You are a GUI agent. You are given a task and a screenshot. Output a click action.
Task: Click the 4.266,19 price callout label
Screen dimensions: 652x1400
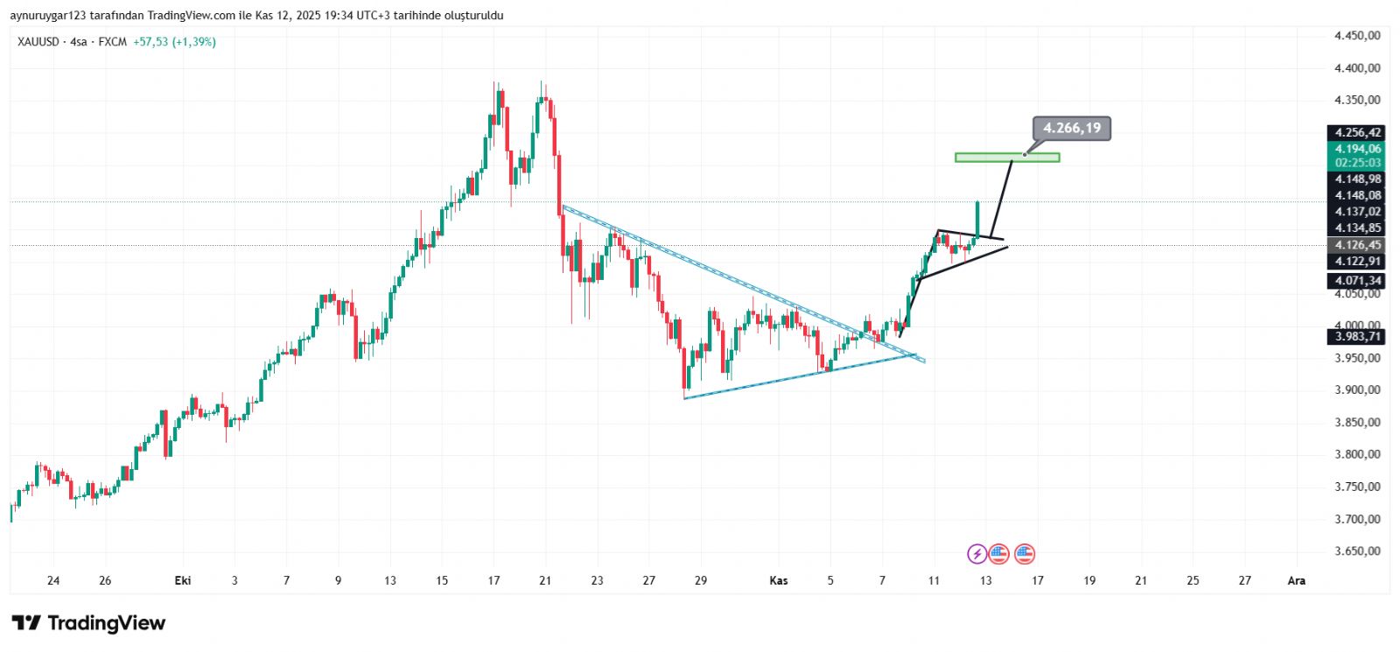click(x=1071, y=129)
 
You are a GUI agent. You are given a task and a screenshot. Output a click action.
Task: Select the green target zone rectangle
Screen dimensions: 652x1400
click(x=1007, y=158)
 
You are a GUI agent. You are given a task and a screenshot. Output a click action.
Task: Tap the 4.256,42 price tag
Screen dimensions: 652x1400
click(x=1357, y=133)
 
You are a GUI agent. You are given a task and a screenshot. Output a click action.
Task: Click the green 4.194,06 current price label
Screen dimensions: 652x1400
click(x=1357, y=150)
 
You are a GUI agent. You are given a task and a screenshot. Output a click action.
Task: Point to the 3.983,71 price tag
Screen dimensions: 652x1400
click(x=1357, y=337)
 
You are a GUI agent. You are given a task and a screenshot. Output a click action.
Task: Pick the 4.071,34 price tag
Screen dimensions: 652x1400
click(x=1357, y=281)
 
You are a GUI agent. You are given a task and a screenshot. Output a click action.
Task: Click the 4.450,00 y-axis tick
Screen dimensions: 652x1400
click(x=1357, y=36)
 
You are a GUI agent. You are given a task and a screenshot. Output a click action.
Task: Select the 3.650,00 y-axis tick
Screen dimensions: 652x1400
click(x=1357, y=551)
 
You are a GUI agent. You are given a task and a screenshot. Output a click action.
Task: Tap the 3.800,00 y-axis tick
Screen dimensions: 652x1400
click(x=1357, y=454)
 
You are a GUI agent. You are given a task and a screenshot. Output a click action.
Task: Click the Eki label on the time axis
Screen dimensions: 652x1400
click(x=183, y=580)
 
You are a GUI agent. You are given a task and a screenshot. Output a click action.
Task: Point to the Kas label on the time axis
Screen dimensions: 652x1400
click(x=778, y=580)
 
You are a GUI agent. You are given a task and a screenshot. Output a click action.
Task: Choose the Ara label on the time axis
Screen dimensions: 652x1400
click(x=1296, y=580)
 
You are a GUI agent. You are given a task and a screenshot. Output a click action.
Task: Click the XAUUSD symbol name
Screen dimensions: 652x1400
click(x=38, y=42)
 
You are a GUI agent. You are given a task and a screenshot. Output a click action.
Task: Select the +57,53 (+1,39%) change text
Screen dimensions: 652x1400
click(x=174, y=42)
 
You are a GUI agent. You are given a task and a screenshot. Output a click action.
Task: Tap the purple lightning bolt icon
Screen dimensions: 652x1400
click(x=976, y=554)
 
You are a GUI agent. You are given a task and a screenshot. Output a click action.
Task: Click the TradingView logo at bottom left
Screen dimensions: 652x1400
click(x=88, y=623)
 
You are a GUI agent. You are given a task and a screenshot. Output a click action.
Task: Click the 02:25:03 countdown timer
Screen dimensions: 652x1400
click(x=1357, y=164)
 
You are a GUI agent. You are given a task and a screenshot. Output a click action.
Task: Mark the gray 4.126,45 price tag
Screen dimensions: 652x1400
click(x=1357, y=245)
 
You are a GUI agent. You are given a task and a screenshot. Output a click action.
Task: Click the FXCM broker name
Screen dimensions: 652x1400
click(x=113, y=42)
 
